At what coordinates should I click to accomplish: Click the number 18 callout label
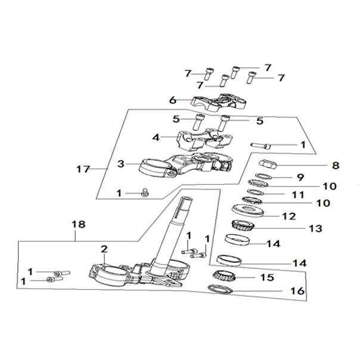click(78, 225)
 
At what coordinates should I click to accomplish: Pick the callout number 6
click(173, 100)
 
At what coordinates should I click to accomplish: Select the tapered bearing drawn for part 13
click(244, 226)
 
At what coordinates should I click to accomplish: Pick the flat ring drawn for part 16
click(221, 290)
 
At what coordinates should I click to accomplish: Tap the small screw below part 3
click(144, 192)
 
